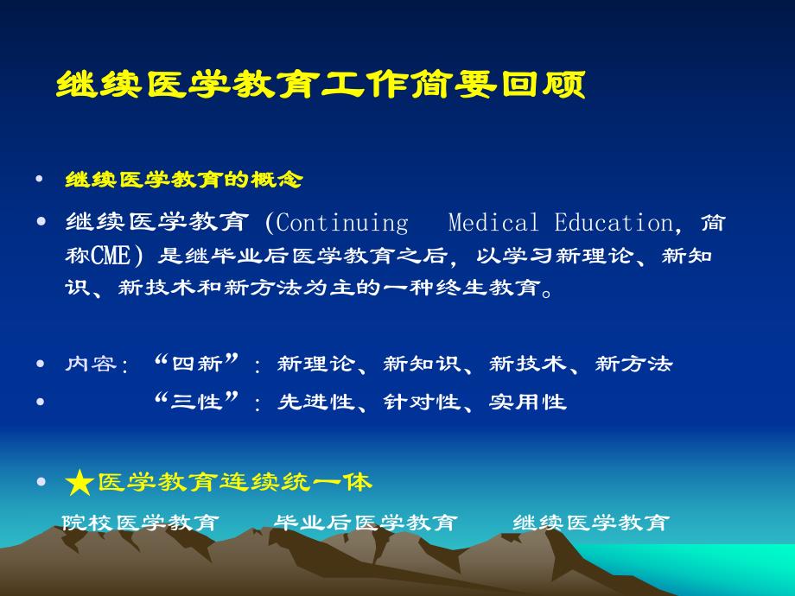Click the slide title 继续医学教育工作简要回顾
(321, 86)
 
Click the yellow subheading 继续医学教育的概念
(184, 180)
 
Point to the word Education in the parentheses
(613, 224)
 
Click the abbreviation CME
(113, 256)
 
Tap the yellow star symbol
(79, 483)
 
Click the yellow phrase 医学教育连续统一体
(235, 482)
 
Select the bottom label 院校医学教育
(140, 523)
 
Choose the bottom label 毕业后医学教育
(365, 523)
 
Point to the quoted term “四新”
(196, 363)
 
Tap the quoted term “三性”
(196, 401)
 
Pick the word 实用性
(528, 402)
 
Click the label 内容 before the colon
(91, 364)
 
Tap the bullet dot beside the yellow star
(41, 483)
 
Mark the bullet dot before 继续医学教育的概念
(41, 180)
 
